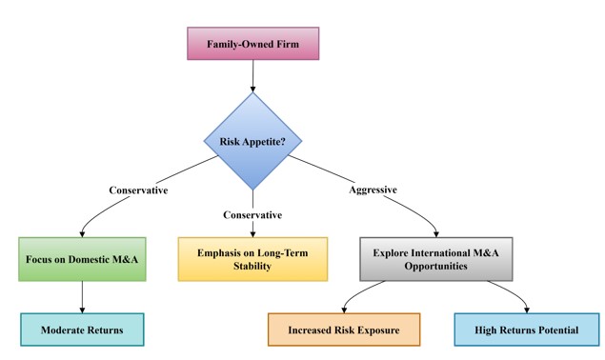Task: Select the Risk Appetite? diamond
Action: (x=252, y=141)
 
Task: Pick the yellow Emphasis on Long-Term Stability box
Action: (x=252, y=259)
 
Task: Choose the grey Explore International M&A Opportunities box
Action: (x=437, y=259)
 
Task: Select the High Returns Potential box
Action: (x=527, y=330)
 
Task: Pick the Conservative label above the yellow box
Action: (x=252, y=213)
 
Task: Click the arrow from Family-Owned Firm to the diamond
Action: (x=252, y=76)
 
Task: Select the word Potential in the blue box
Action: (x=556, y=330)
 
